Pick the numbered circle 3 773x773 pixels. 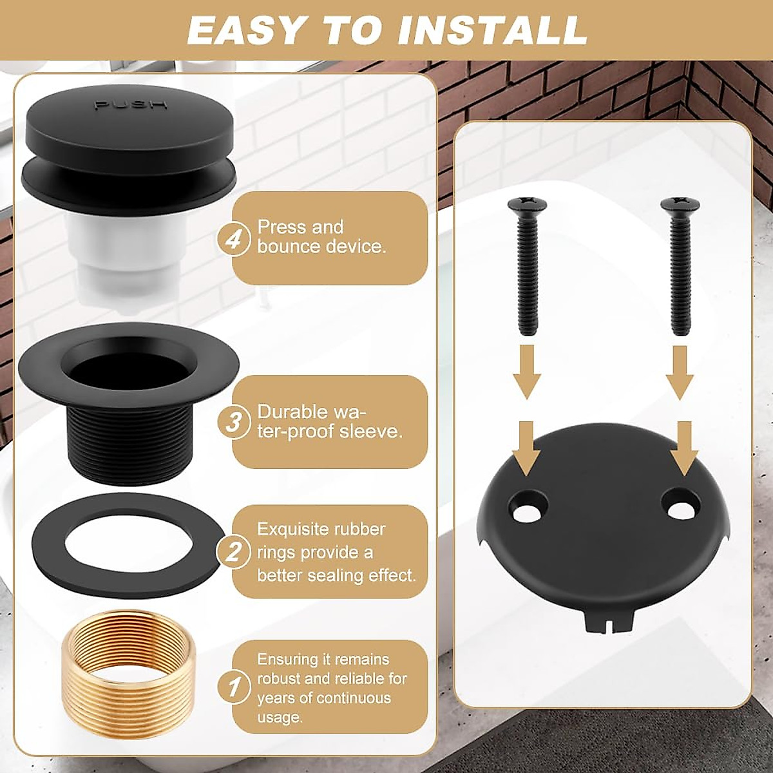[x=235, y=423]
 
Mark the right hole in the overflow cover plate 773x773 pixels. [x=681, y=507]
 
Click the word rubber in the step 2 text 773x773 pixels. [x=360, y=530]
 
